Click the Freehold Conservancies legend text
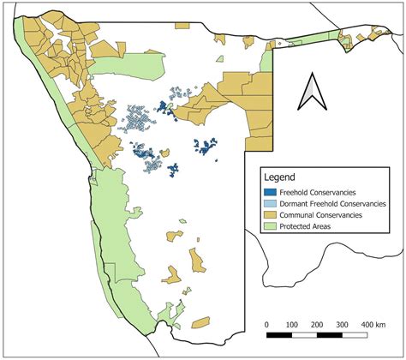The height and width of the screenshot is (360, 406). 322,191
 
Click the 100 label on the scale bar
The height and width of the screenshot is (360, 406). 292,325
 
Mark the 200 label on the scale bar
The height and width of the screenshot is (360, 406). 318,325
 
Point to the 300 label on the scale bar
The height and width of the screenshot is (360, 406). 343,325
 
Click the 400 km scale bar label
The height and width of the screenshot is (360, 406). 372,325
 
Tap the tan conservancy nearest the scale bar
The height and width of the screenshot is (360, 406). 200,322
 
